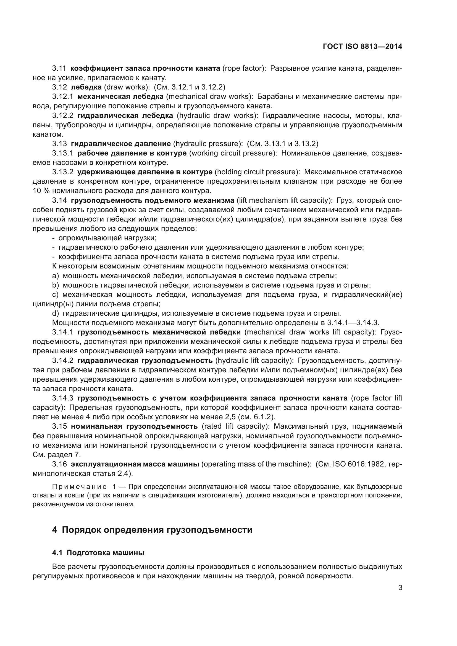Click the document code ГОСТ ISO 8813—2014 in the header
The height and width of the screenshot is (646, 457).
pos(363,47)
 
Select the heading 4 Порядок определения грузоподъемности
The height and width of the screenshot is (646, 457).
pos(152,530)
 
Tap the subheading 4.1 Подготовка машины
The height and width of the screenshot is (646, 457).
pos(98,553)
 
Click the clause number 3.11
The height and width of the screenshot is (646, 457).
pos(59,68)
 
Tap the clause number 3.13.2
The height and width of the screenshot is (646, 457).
pos(63,172)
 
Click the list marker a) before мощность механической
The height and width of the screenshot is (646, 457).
pos(56,276)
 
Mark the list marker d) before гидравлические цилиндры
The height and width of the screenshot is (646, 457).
pos(56,313)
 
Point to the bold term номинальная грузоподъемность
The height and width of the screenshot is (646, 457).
pos(134,426)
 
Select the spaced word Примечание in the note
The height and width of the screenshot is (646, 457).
pos(79,487)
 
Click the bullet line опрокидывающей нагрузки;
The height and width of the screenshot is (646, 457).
pos(107,238)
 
